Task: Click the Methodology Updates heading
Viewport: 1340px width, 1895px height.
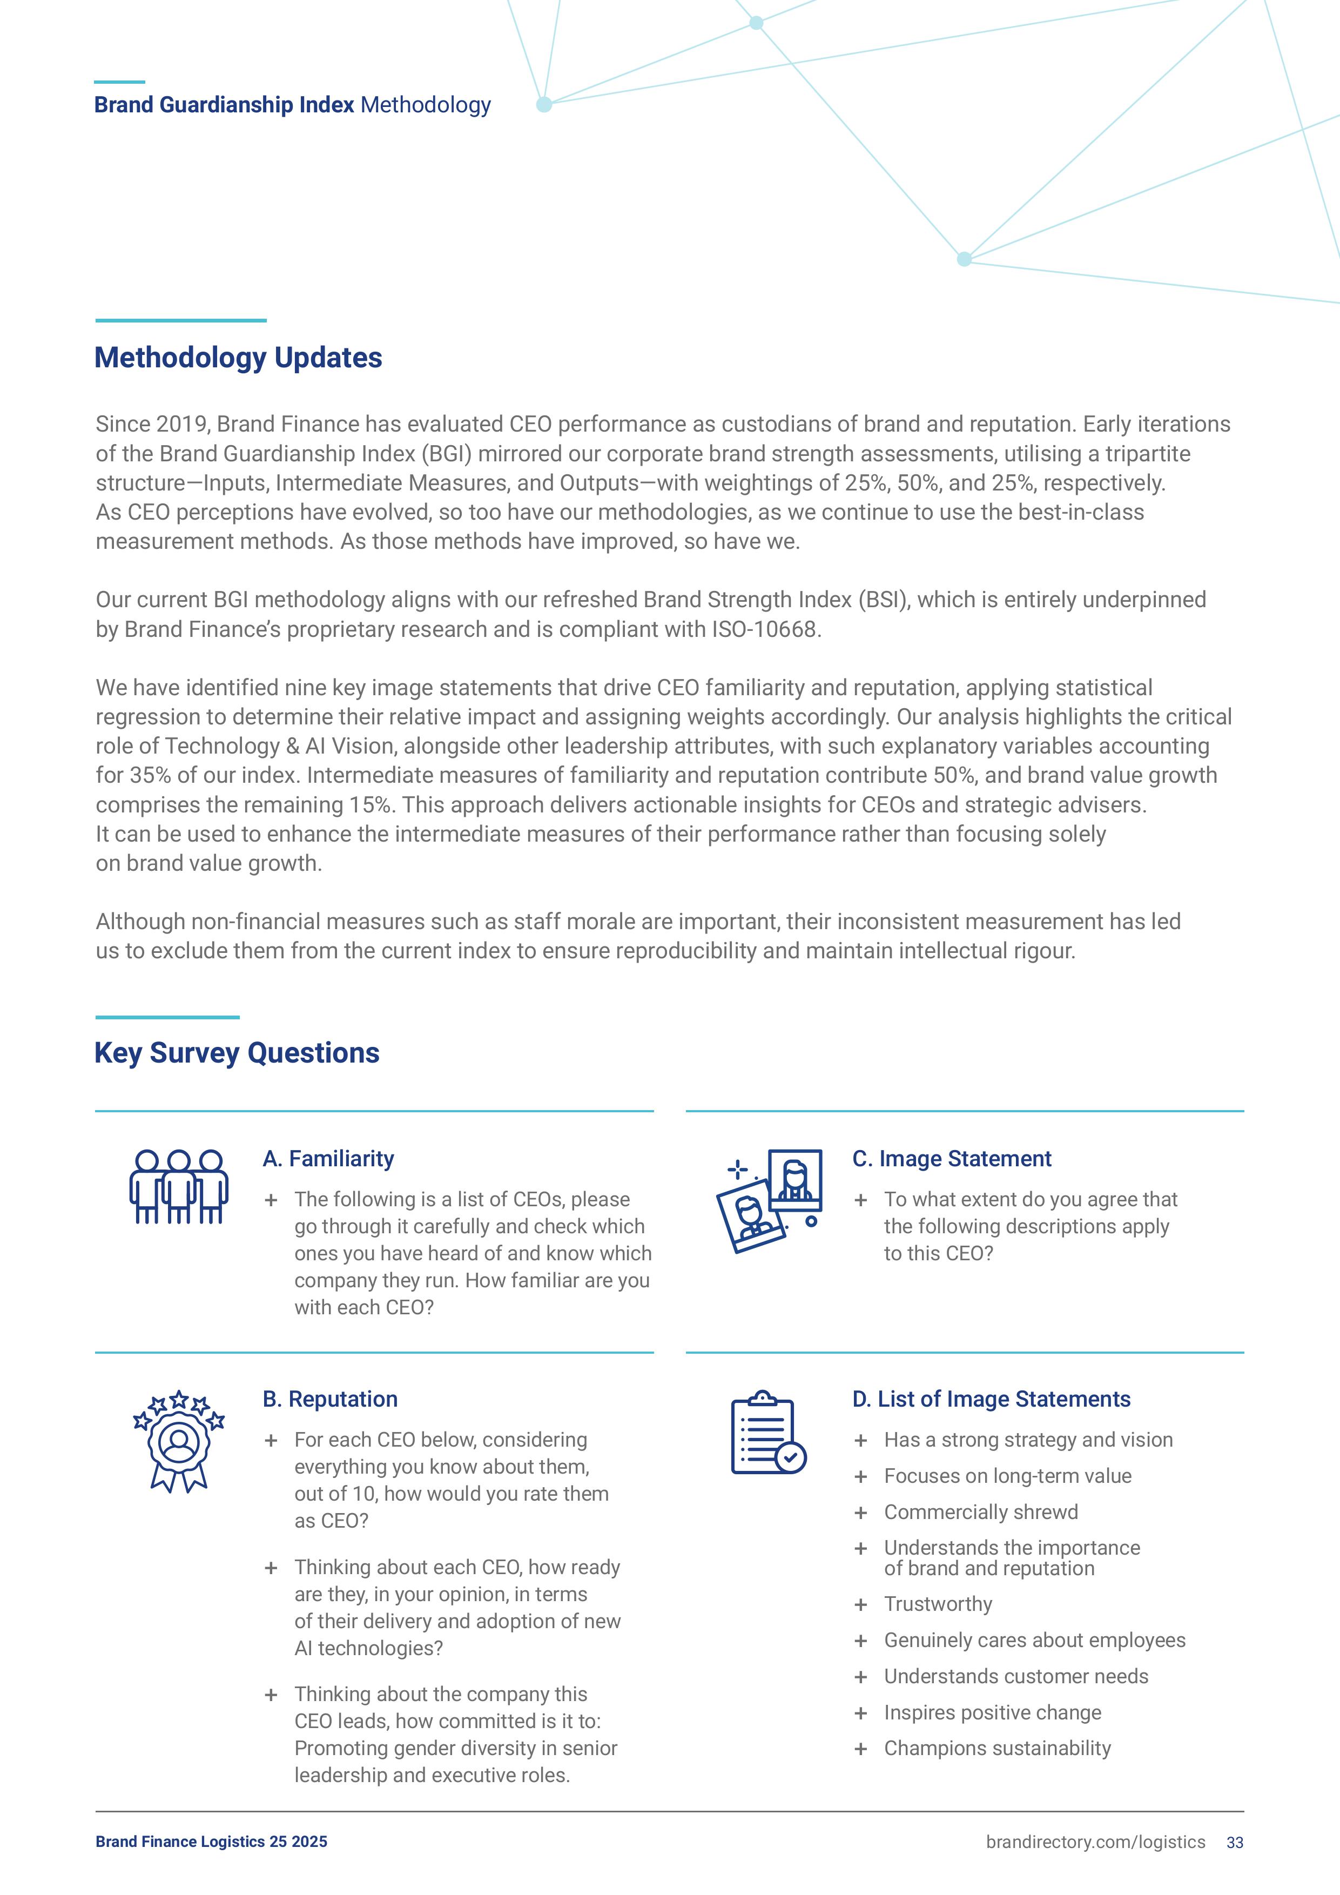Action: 239,358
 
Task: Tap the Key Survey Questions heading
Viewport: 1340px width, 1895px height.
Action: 237,1053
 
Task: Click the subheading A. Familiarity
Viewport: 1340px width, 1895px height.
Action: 328,1159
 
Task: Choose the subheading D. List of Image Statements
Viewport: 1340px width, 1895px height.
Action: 991,1399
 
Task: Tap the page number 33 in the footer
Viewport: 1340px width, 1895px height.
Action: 1234,1842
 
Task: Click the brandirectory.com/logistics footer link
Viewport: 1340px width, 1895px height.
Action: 1095,1842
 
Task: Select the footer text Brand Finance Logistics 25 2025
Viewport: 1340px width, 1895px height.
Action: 211,1842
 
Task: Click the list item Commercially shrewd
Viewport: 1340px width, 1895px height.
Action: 981,1512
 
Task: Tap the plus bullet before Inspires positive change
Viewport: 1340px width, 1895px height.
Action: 860,1713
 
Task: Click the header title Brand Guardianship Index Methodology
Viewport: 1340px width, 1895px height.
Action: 292,105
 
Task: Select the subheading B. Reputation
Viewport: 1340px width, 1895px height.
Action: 330,1399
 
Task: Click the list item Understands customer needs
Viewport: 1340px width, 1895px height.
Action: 1016,1676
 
